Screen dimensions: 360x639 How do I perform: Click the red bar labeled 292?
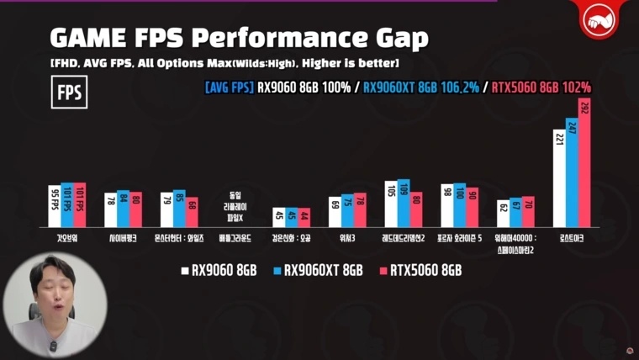(584, 163)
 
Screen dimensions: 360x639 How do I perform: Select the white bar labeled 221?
(559, 178)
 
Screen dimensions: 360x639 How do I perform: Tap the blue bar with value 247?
(572, 173)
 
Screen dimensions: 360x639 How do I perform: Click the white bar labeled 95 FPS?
(55, 207)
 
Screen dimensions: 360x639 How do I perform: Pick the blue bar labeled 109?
(404, 204)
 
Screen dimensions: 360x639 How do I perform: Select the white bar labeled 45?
(279, 218)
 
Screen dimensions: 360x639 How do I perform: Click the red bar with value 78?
(360, 211)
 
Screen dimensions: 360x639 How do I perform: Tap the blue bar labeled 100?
(459, 206)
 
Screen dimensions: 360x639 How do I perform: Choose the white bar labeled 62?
(503, 214)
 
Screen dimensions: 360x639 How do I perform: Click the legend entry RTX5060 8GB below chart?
(420, 270)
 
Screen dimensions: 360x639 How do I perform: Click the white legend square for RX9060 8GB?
(184, 270)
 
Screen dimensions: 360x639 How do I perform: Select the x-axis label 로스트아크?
(572, 238)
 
